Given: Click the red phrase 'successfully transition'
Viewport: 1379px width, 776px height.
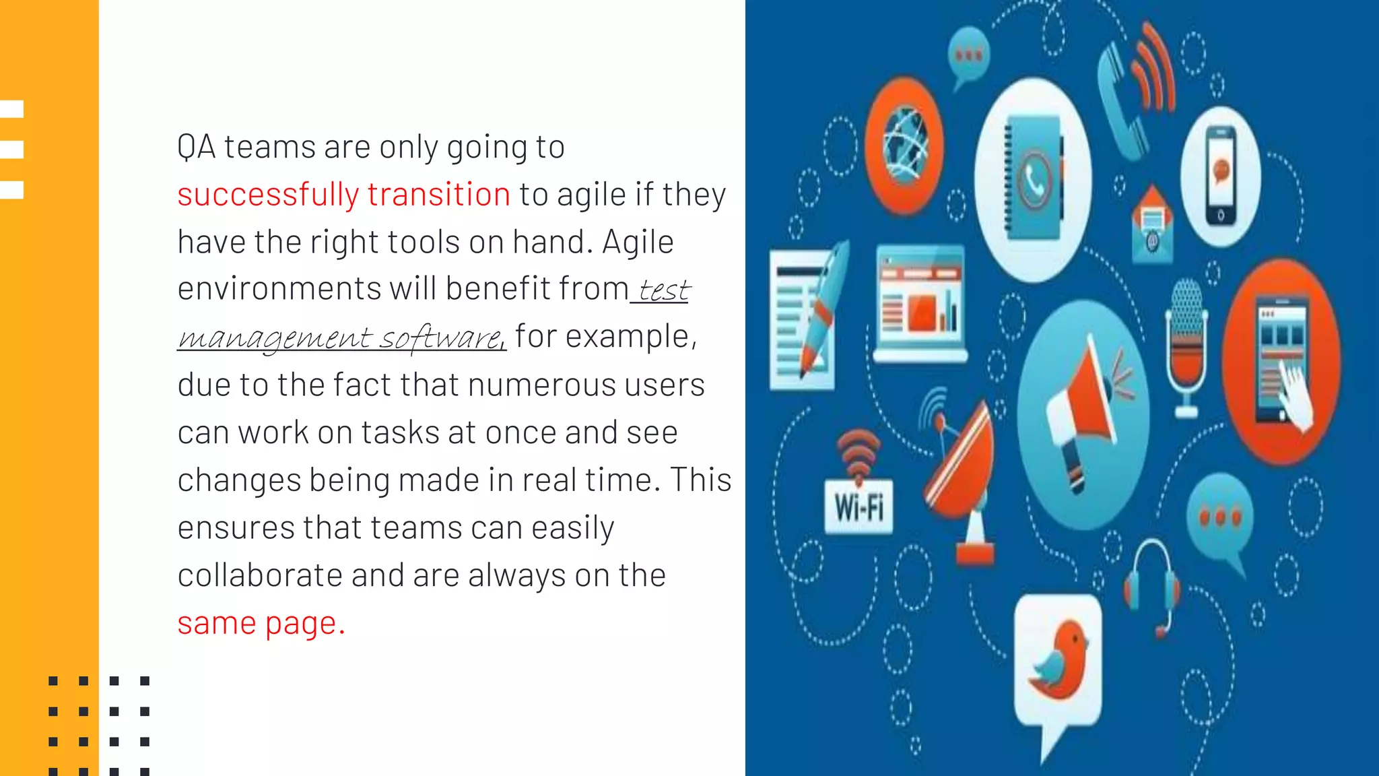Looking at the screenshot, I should tap(343, 195).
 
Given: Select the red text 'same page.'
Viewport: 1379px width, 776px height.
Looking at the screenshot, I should tap(261, 623).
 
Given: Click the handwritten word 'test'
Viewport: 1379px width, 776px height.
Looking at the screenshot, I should tap(663, 290).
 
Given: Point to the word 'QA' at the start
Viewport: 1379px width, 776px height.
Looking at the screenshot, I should tap(196, 147).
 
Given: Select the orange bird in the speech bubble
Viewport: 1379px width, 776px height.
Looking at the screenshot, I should tap(1058, 664).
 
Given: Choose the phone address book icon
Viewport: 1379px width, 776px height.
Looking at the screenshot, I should tap(1034, 179).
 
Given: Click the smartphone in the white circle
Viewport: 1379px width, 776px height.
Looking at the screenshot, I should tap(1221, 175).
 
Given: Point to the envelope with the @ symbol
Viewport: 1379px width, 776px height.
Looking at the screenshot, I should tap(1152, 226).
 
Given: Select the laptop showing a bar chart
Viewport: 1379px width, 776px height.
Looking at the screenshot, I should tap(920, 303).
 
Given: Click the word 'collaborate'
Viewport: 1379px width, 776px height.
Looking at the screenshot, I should tap(260, 576).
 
